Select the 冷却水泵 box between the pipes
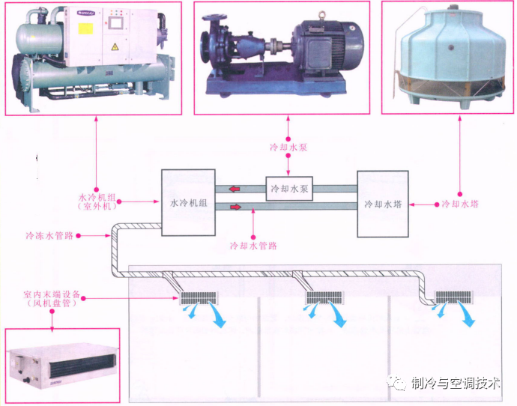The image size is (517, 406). coord(288,188)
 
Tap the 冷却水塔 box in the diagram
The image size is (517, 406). coord(383,204)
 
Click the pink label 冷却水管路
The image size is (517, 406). coord(254,244)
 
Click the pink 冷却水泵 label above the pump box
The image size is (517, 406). coord(288,147)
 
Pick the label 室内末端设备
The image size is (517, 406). coord(51,294)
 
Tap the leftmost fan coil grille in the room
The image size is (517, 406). coord(198,297)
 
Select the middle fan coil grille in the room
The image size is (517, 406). coord(323,297)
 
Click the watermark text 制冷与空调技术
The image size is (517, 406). coord(455,384)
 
